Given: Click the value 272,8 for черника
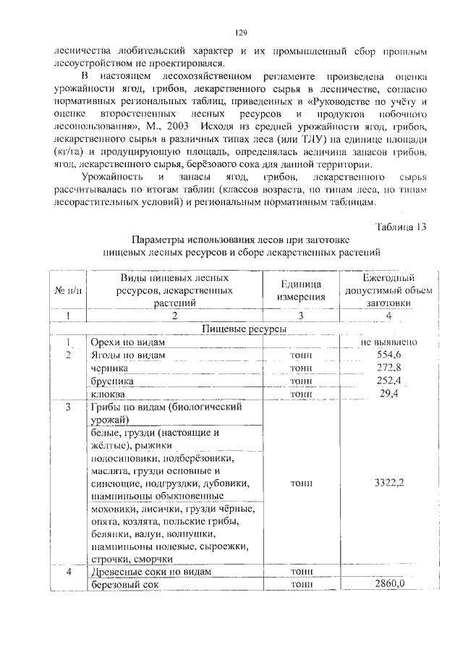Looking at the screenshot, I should pyautogui.click(x=388, y=368).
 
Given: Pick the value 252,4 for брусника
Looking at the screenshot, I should pyautogui.click(x=388, y=381).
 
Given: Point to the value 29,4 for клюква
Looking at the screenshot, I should pyautogui.click(x=388, y=394).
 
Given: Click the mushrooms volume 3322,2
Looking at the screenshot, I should pyautogui.click(x=388, y=483).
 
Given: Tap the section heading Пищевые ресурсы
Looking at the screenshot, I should pyautogui.click(x=243, y=329).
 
